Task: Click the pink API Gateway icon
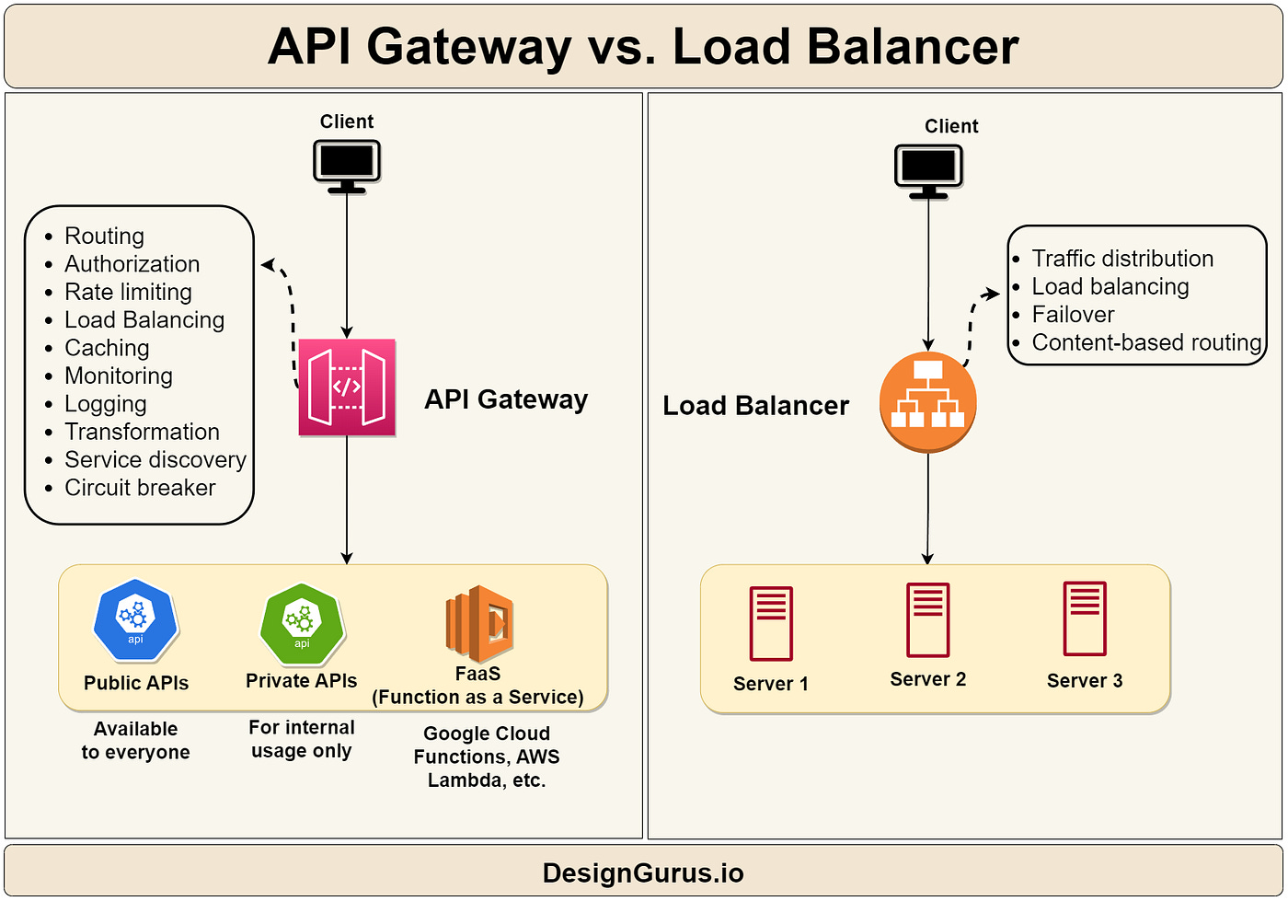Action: click(347, 387)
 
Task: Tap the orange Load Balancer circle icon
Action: click(927, 402)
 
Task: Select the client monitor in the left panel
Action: click(347, 165)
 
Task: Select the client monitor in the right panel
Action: click(928, 169)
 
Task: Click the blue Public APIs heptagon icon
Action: click(135, 621)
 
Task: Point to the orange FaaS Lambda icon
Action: click(478, 624)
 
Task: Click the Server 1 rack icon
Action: click(771, 624)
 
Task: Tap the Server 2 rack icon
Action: click(927, 620)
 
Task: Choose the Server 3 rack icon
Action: click(1085, 618)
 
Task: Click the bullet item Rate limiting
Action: click(128, 292)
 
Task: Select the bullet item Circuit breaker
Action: click(140, 488)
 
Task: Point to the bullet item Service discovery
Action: click(155, 459)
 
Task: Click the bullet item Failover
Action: click(1073, 315)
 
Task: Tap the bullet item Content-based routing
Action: click(1145, 342)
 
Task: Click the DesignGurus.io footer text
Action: click(643, 872)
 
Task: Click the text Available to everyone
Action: click(135, 741)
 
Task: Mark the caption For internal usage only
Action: click(302, 739)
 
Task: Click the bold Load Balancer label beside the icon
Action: click(755, 406)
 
